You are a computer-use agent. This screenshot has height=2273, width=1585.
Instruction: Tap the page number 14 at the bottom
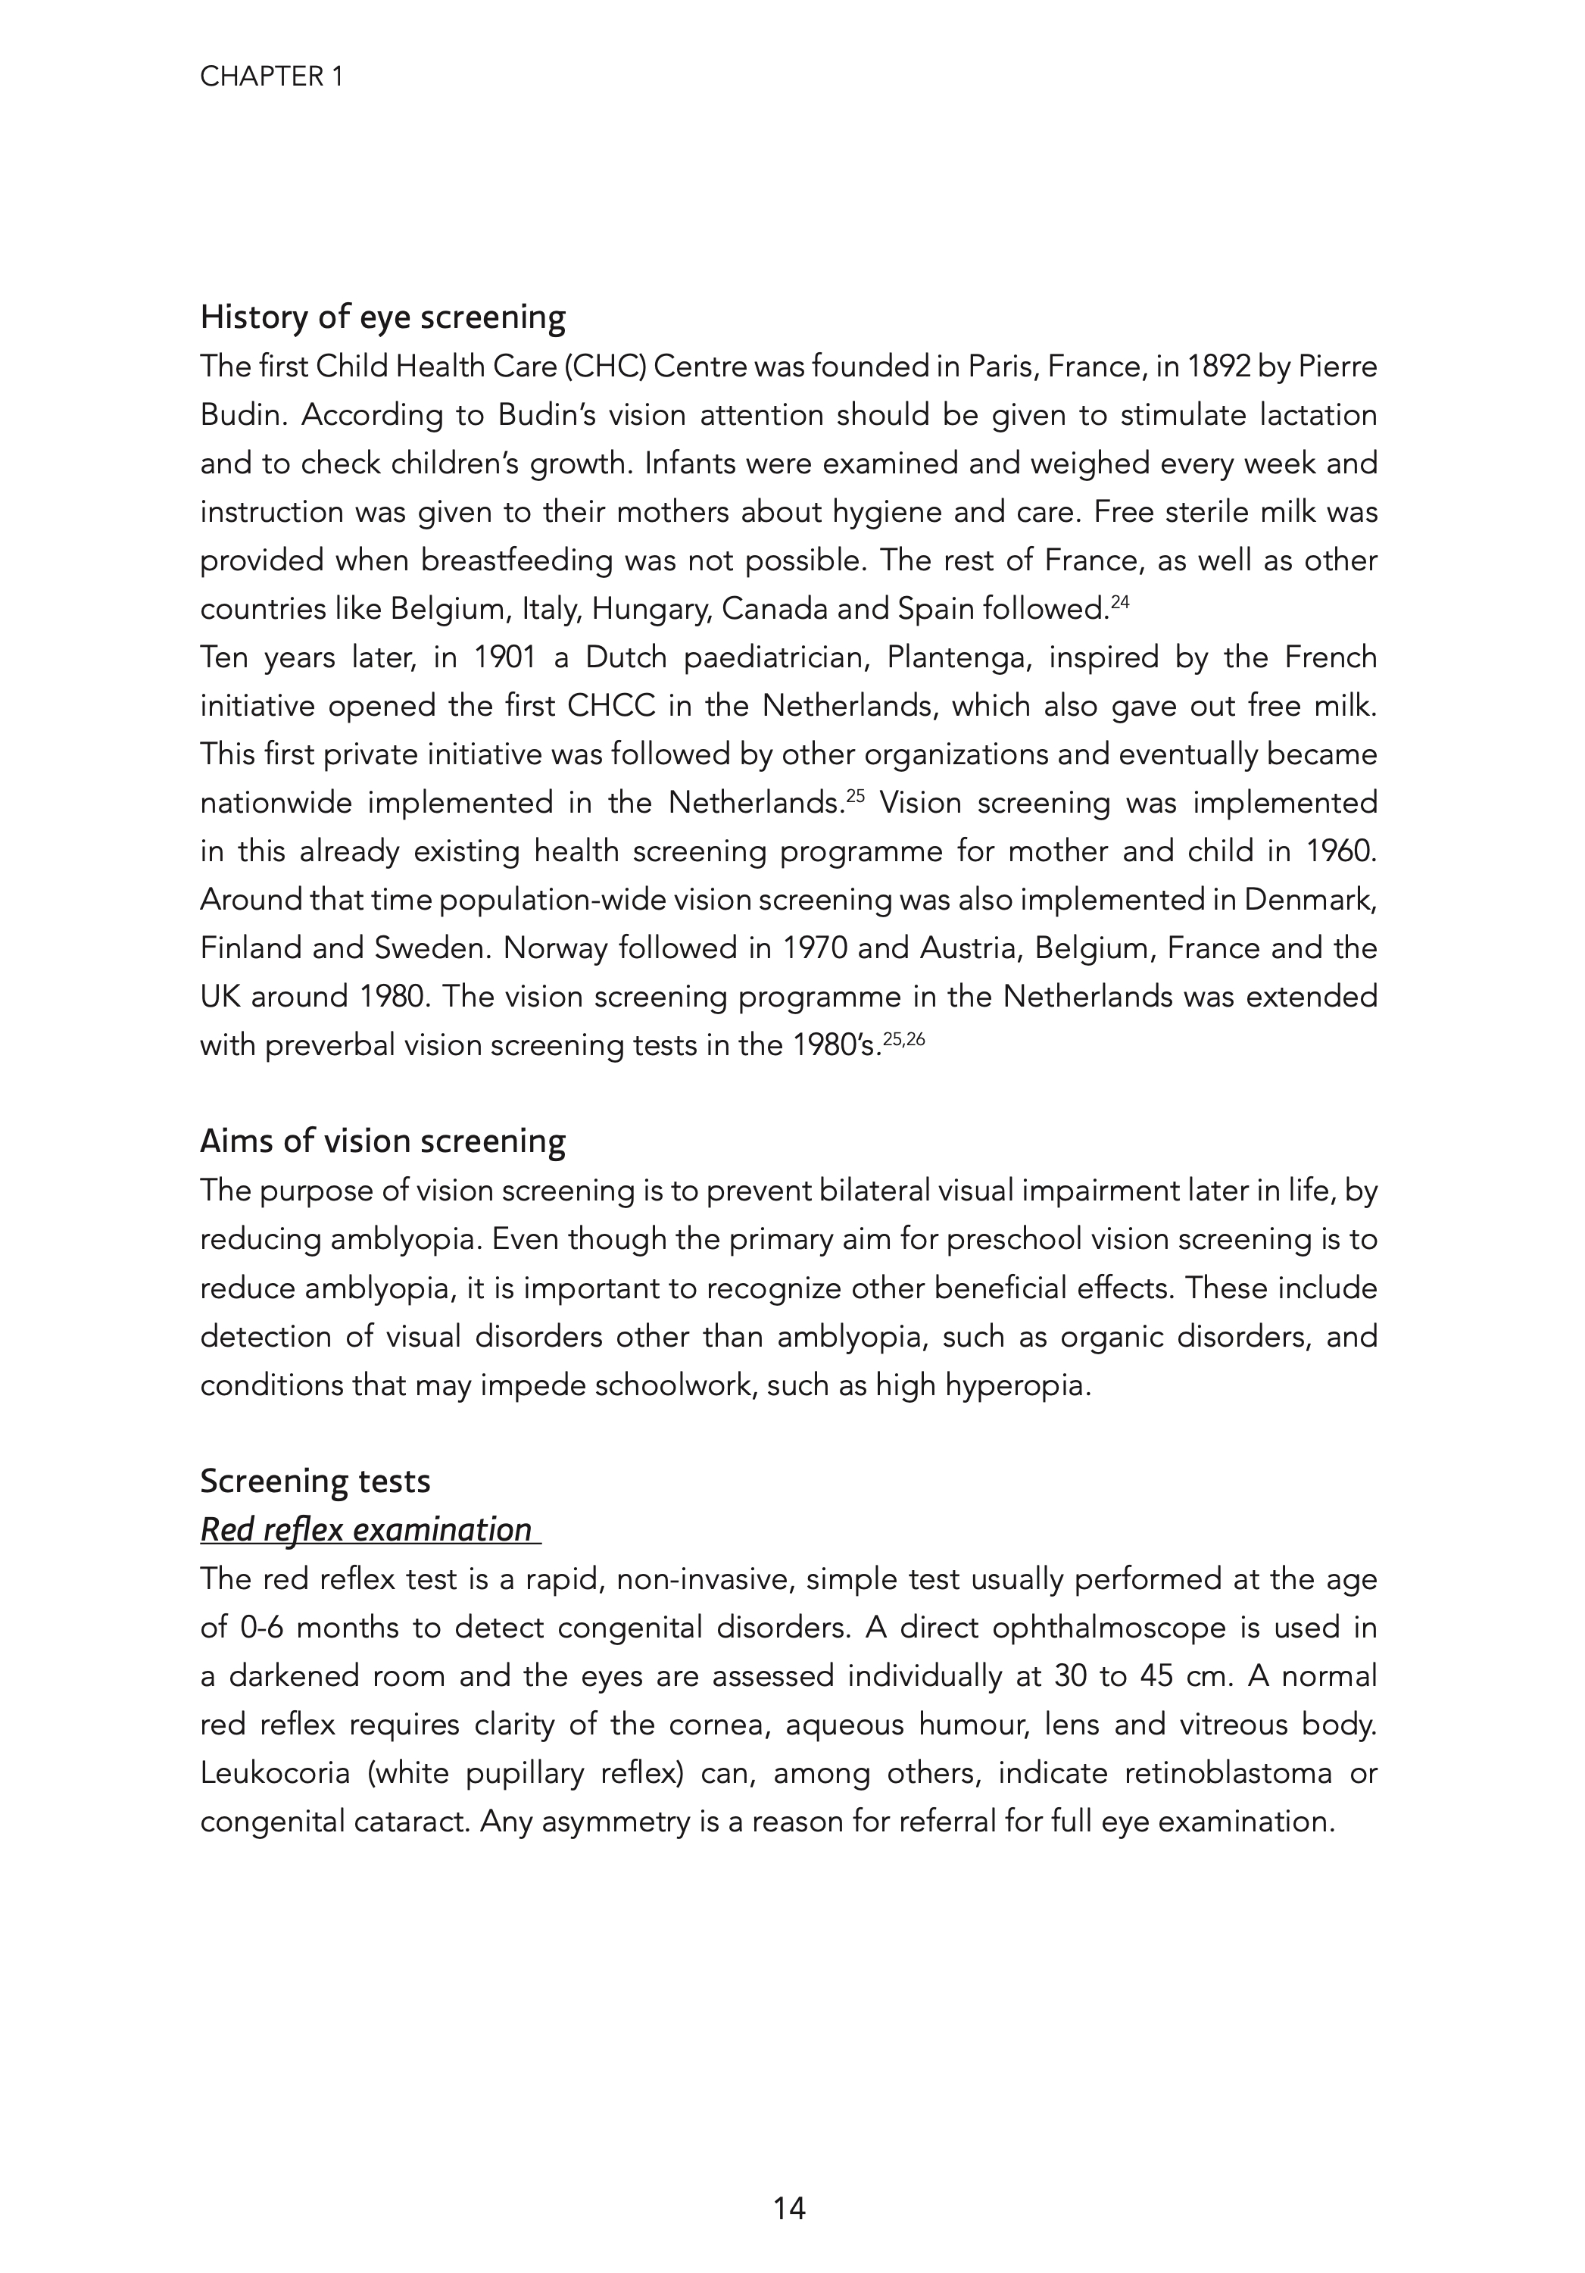click(790, 2208)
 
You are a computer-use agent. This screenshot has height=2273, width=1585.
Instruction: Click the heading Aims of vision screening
click(382, 1141)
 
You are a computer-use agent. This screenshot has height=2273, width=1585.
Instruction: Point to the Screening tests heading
click(315, 1481)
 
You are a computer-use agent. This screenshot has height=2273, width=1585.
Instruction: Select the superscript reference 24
click(1120, 601)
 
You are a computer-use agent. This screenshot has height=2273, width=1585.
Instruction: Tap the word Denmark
click(1309, 900)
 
